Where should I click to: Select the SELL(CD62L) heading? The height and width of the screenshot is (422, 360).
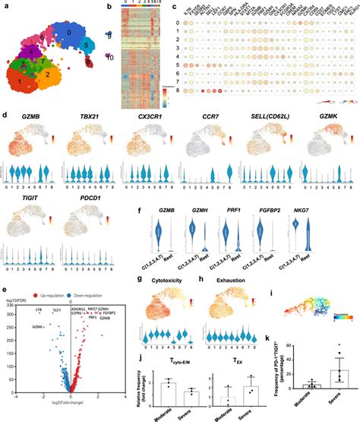coord(270,119)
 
